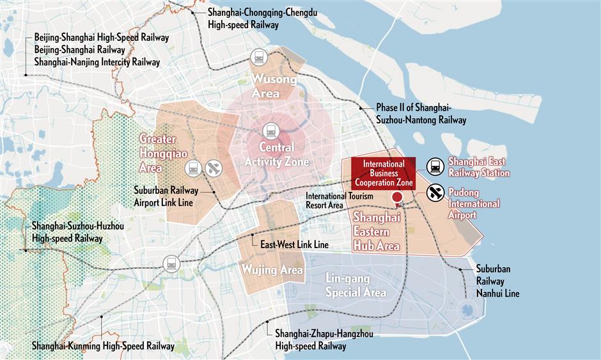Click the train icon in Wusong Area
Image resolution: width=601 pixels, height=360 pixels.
point(260,57)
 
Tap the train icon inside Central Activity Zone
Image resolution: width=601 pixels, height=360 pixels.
point(270,130)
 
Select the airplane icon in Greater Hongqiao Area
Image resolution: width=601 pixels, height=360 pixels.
point(214,168)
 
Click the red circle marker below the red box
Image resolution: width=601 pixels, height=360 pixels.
point(397,198)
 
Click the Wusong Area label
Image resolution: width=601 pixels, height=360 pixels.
point(276,86)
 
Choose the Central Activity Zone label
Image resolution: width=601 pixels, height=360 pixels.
point(276,155)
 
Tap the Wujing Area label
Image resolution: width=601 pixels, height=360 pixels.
point(272,270)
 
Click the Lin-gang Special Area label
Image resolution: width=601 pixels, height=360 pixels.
point(355,286)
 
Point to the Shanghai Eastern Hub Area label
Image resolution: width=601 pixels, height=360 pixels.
point(377,231)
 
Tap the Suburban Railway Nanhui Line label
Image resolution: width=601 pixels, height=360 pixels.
point(497,281)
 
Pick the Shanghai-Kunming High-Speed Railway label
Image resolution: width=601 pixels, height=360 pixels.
point(103,346)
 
